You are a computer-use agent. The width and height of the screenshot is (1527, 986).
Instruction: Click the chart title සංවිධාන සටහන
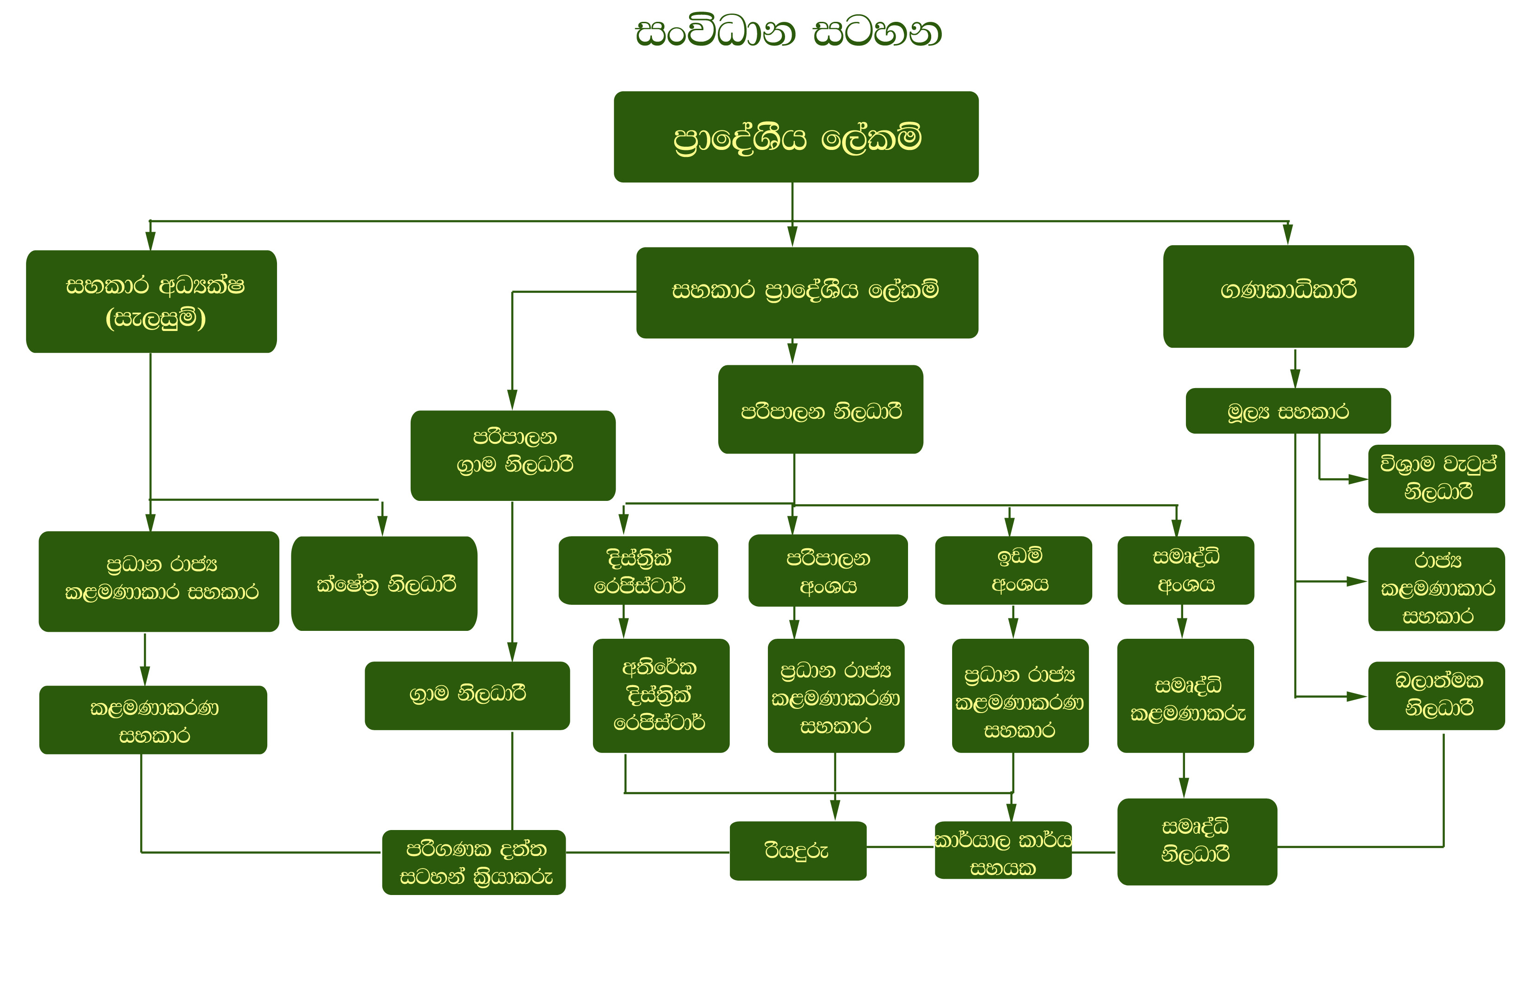pos(788,32)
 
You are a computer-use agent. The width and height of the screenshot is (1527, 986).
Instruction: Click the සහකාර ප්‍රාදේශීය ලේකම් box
pos(806,292)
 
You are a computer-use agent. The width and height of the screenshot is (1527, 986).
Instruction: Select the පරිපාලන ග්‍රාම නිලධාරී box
pos(513,455)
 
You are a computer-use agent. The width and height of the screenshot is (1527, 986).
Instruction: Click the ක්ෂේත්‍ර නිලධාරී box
pos(384,583)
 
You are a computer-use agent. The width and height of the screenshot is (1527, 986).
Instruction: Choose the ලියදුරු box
pos(798,850)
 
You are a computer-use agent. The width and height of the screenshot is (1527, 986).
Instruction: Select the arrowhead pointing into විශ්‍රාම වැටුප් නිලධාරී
pos(1357,479)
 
